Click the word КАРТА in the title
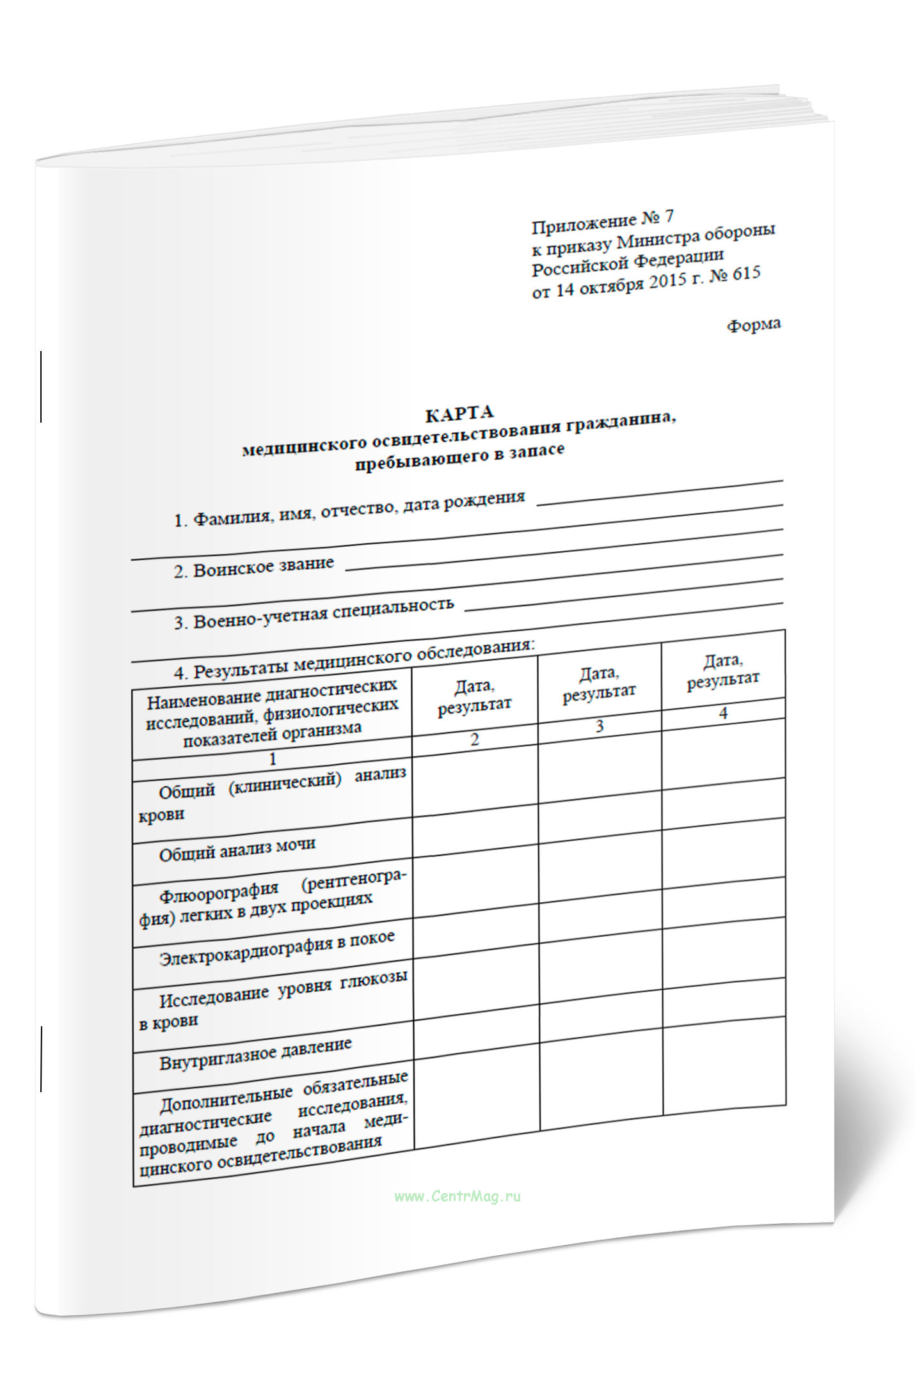459,414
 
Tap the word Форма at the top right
753,325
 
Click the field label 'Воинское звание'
263,567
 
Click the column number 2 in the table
474,740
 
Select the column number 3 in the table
599,726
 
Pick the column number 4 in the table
723,714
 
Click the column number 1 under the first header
273,759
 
